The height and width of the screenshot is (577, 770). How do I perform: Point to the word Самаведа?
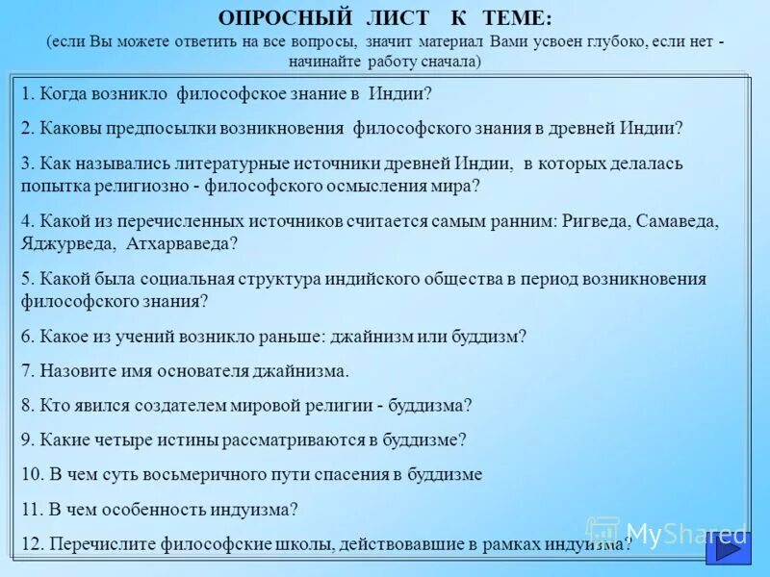(679, 221)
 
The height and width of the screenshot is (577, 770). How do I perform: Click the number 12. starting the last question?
(32, 544)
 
